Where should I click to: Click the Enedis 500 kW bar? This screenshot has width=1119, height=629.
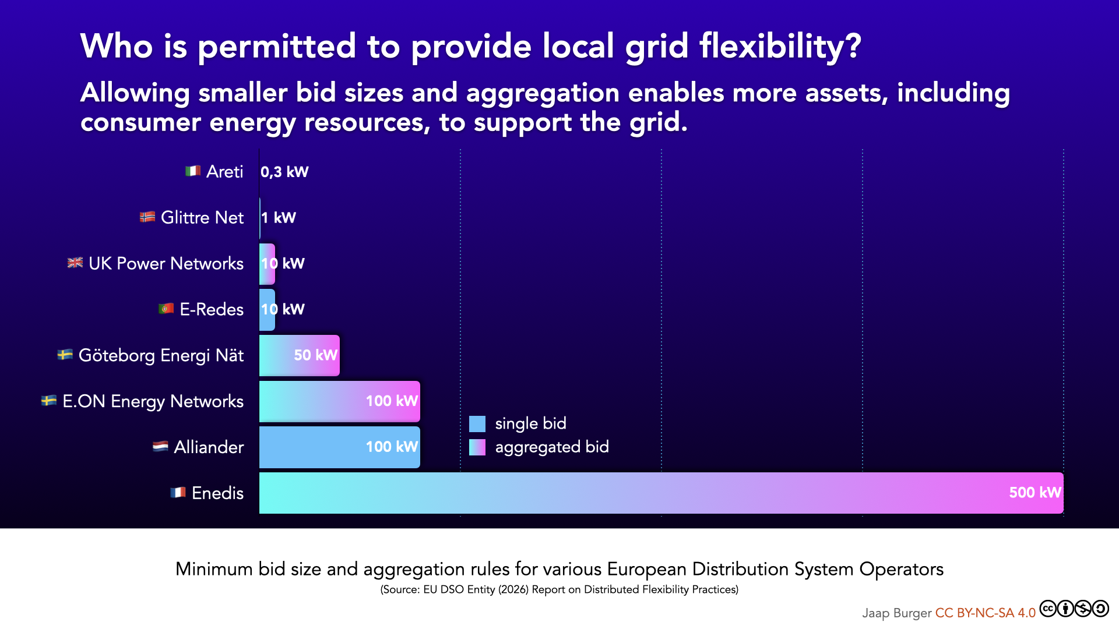pyautogui.click(x=661, y=493)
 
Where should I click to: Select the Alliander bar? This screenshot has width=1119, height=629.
pyautogui.click(x=339, y=447)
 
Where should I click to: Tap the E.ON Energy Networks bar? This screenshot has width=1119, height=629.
pyautogui.click(x=339, y=401)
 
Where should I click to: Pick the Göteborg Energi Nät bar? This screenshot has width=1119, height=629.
pyautogui.click(x=299, y=355)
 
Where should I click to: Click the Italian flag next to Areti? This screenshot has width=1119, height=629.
pyautogui.click(x=193, y=171)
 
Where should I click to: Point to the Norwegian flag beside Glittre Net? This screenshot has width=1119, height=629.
pyautogui.click(x=147, y=217)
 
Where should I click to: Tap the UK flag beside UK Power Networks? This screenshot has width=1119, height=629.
pyautogui.click(x=75, y=263)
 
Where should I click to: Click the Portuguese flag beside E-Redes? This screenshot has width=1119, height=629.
pyautogui.click(x=166, y=309)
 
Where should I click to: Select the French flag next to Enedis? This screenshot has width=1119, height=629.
pyautogui.click(x=178, y=493)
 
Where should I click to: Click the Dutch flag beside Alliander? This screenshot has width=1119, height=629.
pyautogui.click(x=160, y=447)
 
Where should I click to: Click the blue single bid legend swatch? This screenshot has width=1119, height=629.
pyautogui.click(x=477, y=424)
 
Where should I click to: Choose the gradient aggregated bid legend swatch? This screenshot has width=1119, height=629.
pyautogui.click(x=477, y=447)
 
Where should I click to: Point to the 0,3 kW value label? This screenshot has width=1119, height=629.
pyautogui.click(x=284, y=172)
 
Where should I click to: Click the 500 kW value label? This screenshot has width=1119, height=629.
pyautogui.click(x=1034, y=493)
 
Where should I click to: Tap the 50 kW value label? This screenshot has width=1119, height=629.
pyautogui.click(x=315, y=355)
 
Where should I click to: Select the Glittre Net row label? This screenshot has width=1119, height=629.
pyautogui.click(x=202, y=217)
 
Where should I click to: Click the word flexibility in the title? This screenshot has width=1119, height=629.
pyautogui.click(x=780, y=47)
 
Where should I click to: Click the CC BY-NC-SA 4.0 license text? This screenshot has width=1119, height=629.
pyautogui.click(x=985, y=613)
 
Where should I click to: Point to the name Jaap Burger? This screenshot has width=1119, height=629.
pyautogui.click(x=896, y=613)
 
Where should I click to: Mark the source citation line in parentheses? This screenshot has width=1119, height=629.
pyautogui.click(x=559, y=589)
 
